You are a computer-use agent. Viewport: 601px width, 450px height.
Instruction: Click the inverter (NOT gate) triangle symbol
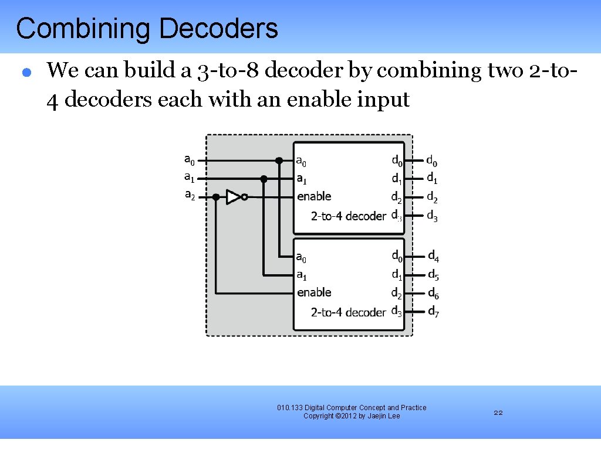click(234, 197)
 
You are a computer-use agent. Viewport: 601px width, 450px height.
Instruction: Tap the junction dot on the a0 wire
click(279, 160)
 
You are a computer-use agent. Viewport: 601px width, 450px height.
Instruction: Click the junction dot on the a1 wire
click(264, 179)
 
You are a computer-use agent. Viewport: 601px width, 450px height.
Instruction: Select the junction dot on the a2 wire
click(216, 197)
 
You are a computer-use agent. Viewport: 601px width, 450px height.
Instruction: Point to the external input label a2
click(190, 195)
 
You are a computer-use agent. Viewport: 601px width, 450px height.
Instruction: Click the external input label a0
click(190, 159)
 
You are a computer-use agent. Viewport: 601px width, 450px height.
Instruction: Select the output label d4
click(433, 256)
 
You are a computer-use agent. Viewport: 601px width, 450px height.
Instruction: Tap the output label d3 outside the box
click(432, 216)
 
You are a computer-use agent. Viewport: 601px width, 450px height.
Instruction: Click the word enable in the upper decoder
click(314, 196)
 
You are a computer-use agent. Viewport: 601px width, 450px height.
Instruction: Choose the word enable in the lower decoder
click(314, 292)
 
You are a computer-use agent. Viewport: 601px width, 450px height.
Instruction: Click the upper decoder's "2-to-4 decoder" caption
click(349, 216)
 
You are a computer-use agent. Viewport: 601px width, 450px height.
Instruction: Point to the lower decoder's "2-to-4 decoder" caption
click(349, 312)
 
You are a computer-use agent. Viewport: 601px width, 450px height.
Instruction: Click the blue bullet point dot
click(26, 73)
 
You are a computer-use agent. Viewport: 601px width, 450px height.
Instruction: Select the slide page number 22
click(498, 413)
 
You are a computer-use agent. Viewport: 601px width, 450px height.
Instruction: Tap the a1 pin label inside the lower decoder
click(301, 275)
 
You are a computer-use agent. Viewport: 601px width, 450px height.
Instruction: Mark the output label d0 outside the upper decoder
click(431, 160)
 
